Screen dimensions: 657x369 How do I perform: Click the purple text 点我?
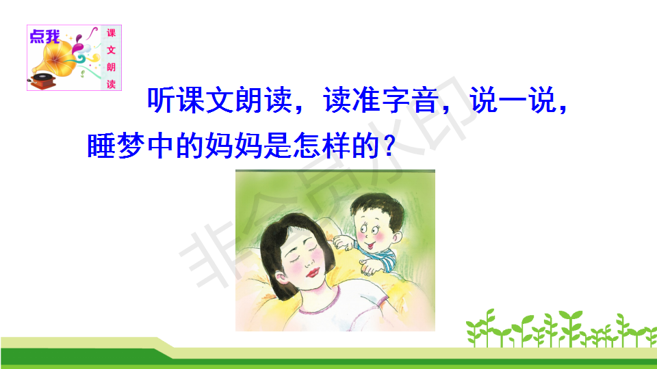tap(45, 37)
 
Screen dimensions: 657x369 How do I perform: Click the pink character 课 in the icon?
tap(111, 33)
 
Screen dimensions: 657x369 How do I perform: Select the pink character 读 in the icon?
tap(111, 84)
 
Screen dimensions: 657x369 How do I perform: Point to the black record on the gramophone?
tap(44, 77)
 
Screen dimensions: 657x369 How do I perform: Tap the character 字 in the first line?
tap(396, 100)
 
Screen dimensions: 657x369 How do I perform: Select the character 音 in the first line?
tap(425, 100)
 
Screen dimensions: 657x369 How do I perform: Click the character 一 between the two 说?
tap(513, 100)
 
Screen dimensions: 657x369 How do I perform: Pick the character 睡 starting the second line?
tap(101, 146)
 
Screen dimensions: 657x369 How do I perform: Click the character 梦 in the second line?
tap(131, 146)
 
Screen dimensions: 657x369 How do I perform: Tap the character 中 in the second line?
tap(160, 146)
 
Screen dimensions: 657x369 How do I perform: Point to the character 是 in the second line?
tap(277, 146)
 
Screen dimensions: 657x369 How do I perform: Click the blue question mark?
tap(389, 146)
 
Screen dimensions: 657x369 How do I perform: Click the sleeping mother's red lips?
tap(312, 273)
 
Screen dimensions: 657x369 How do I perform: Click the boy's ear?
tap(397, 237)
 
